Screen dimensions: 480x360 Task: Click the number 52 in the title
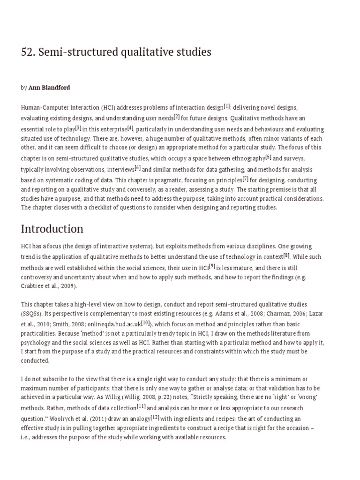[x=27, y=52]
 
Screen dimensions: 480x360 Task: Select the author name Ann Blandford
[x=49, y=88]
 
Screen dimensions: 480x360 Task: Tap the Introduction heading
[x=52, y=229]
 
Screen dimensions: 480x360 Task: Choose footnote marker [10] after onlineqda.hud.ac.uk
[x=146, y=322]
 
